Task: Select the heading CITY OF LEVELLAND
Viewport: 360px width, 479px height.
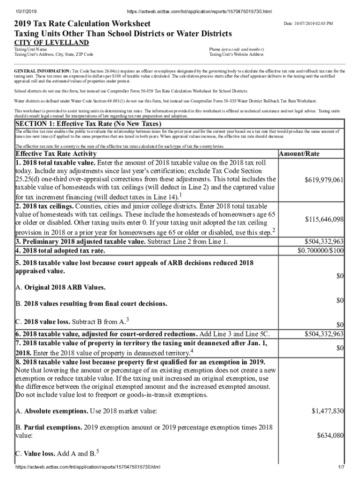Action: (x=51, y=43)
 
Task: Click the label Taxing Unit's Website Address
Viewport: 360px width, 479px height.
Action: (x=236, y=54)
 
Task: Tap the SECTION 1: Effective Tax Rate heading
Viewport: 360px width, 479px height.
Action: (x=88, y=124)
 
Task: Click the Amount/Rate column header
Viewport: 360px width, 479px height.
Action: (x=299, y=154)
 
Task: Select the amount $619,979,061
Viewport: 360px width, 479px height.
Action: (x=324, y=180)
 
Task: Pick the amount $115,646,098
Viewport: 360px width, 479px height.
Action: (x=324, y=219)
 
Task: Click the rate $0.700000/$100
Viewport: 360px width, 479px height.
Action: (x=321, y=251)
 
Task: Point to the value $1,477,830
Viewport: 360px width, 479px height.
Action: (x=328, y=411)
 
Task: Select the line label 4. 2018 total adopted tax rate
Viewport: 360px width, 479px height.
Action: (x=60, y=251)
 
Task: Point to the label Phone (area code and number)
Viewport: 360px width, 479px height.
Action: (x=236, y=49)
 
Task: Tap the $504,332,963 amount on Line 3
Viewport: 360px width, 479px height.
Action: (x=324, y=242)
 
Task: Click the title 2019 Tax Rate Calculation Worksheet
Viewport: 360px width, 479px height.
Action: (x=83, y=23)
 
